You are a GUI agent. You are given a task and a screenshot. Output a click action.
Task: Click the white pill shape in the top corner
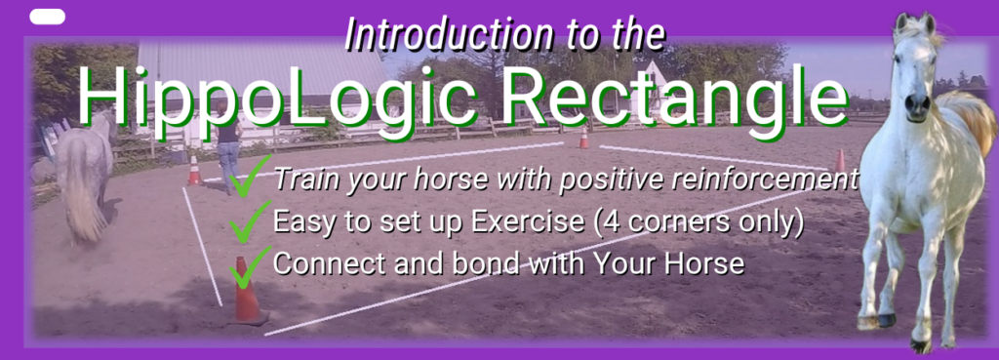point(47,17)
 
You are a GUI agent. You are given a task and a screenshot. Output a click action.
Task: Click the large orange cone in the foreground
point(247,291)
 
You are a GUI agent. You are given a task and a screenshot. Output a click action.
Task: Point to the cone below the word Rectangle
point(583,138)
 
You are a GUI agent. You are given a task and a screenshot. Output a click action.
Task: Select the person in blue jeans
point(228,146)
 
